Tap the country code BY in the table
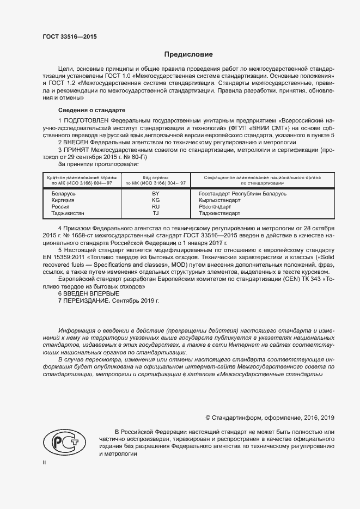point(156,194)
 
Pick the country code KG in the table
point(156,200)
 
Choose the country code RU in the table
point(156,207)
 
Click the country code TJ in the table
point(156,213)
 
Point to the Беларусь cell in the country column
point(63,194)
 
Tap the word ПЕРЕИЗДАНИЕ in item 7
point(87,301)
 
